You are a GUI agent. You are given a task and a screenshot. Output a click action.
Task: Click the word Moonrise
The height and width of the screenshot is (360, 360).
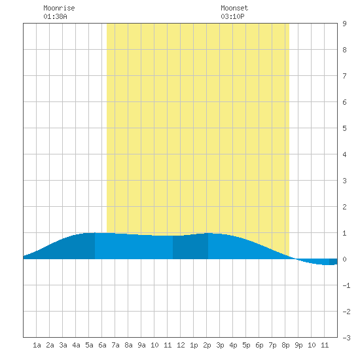(59, 8)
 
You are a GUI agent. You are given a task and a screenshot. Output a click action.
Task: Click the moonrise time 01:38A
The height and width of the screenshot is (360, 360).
(55, 16)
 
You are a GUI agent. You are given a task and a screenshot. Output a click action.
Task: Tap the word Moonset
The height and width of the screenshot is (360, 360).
(234, 8)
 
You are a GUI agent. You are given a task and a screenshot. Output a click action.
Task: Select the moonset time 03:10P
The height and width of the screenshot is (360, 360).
(232, 16)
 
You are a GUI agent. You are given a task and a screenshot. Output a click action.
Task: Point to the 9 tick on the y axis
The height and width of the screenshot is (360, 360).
(344, 24)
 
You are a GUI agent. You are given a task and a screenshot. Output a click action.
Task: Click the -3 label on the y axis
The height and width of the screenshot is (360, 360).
(346, 338)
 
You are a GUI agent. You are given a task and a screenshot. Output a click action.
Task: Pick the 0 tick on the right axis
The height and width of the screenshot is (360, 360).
(344, 259)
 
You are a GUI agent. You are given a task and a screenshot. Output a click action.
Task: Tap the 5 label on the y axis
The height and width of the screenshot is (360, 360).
(344, 128)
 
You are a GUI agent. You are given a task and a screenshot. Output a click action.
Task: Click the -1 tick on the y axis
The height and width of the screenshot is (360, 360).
(346, 285)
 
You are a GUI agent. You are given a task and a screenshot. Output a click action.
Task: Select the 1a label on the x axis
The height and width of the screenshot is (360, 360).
(37, 345)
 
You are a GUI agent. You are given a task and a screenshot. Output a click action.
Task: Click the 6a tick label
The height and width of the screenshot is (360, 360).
(102, 345)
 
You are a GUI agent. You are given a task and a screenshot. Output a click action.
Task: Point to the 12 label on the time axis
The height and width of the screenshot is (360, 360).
(181, 345)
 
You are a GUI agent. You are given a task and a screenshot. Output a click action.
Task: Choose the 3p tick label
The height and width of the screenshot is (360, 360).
(220, 345)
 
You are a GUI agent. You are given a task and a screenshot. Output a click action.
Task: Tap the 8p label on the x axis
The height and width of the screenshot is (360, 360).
(285, 345)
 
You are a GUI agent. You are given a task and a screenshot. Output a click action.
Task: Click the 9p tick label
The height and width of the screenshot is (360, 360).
(298, 345)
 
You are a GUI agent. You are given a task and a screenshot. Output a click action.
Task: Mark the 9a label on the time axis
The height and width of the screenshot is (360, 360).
(141, 345)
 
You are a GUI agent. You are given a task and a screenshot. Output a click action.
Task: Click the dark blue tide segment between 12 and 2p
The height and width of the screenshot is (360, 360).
(190, 247)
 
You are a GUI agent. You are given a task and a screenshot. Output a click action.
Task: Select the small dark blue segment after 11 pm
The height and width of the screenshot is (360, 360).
(333, 262)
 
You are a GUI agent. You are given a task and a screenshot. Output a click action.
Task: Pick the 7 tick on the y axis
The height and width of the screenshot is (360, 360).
(344, 76)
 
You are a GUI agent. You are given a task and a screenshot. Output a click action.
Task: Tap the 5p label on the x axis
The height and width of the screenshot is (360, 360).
(246, 345)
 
